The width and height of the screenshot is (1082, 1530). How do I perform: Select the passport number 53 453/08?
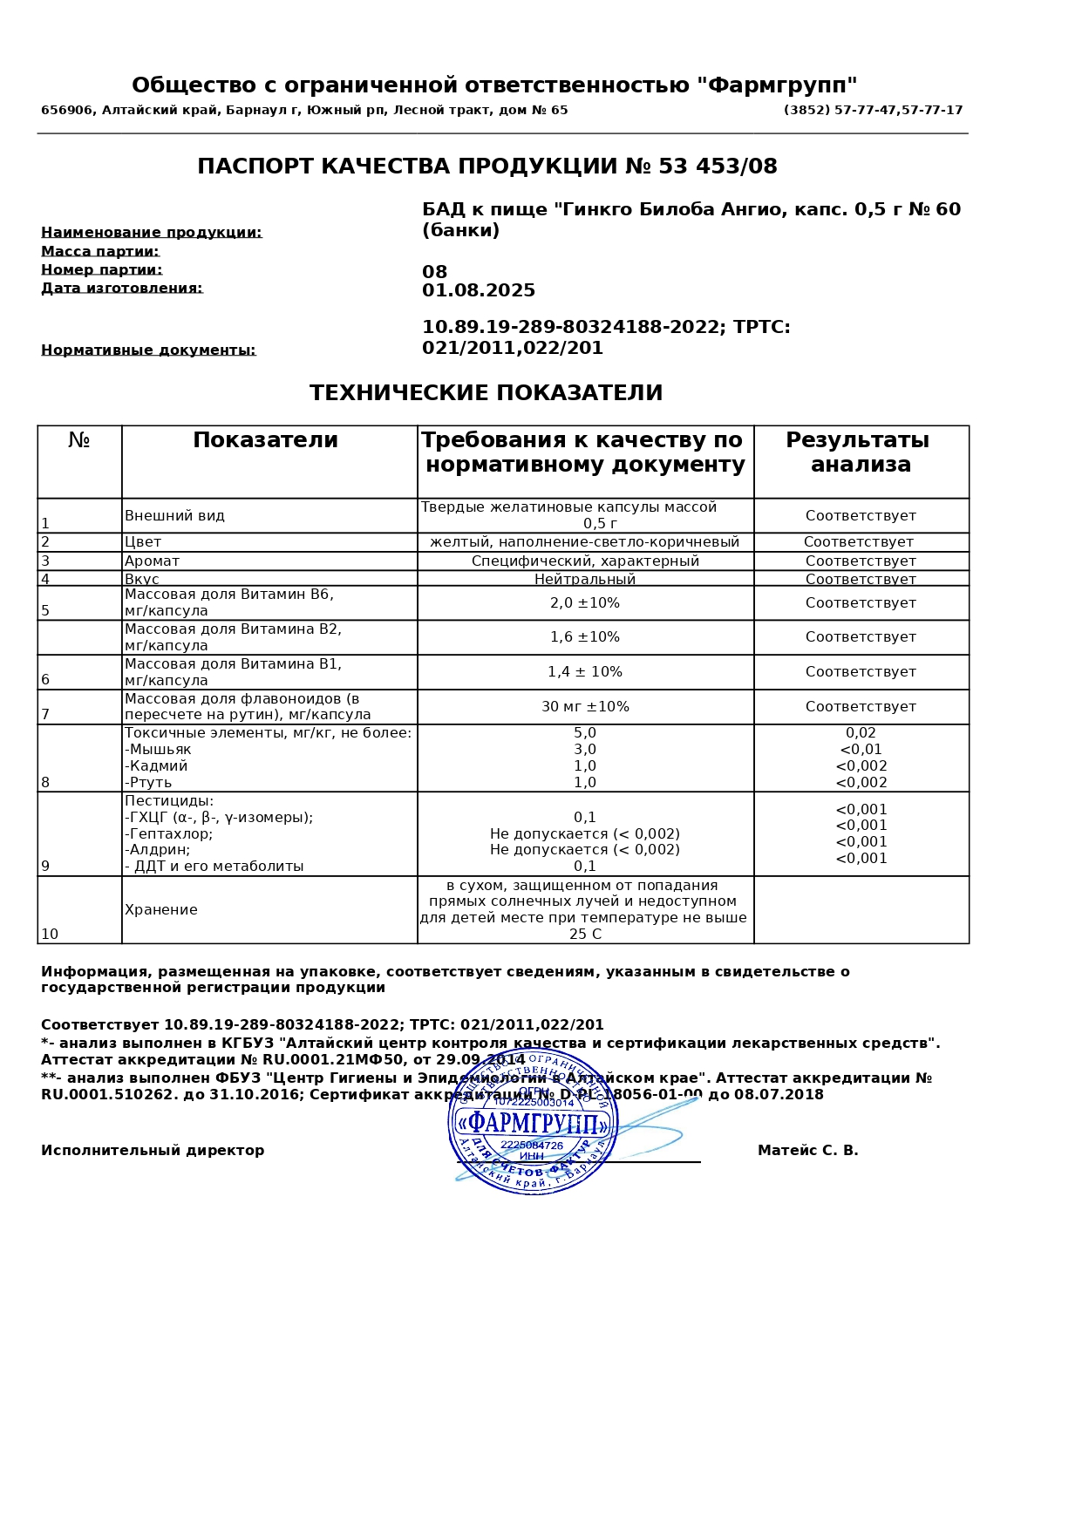(x=718, y=167)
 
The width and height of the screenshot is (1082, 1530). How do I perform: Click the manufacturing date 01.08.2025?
(x=479, y=291)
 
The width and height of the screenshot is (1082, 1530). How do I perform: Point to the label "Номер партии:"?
(x=101, y=270)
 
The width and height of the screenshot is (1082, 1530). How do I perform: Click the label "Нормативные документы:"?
(x=148, y=350)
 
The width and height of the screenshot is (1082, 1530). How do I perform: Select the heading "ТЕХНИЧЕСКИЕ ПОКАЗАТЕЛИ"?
(x=486, y=393)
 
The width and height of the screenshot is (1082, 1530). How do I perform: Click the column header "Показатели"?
(x=265, y=441)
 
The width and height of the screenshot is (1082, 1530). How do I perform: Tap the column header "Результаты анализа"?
(x=860, y=452)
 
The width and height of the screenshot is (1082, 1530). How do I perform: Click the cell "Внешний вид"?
(x=174, y=516)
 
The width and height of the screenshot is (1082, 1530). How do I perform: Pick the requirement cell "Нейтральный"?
(x=584, y=580)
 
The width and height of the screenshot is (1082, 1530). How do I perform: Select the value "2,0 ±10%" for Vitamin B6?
(x=584, y=603)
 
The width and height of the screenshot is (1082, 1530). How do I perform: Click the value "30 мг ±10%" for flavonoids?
(x=584, y=707)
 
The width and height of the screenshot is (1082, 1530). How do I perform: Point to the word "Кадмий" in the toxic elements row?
(x=158, y=766)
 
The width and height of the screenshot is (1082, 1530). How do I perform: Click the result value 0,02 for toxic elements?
(x=861, y=733)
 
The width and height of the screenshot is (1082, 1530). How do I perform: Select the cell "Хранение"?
(x=161, y=910)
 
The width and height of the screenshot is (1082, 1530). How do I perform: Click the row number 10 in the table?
(x=50, y=935)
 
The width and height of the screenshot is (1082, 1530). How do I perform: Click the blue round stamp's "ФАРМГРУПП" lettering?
(x=533, y=1123)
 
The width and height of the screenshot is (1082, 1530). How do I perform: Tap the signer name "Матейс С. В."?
(x=807, y=1151)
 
